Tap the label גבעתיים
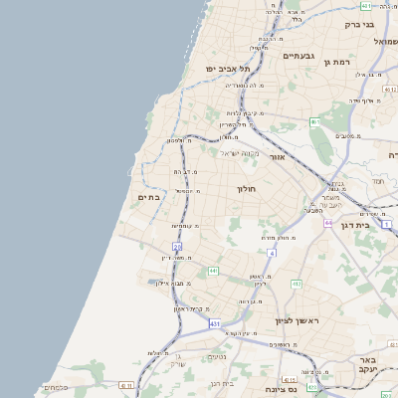(x=298, y=57)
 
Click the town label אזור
(x=279, y=157)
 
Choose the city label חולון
(x=247, y=189)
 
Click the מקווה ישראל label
(x=239, y=152)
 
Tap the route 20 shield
(x=177, y=246)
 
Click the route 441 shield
(x=213, y=270)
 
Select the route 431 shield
(x=214, y=324)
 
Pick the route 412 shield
(x=297, y=284)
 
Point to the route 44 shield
(x=327, y=223)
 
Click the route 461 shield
(x=314, y=122)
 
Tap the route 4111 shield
(x=125, y=384)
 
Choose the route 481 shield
(x=366, y=6)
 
